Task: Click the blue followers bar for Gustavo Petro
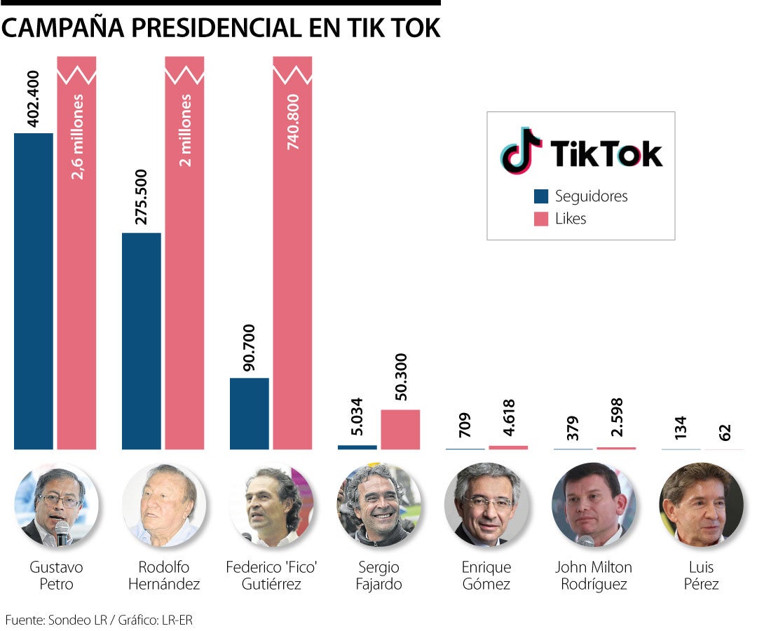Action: pos(34,291)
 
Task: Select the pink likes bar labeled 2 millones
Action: pos(184,252)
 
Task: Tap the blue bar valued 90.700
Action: pos(250,414)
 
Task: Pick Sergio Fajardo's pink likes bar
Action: pos(400,429)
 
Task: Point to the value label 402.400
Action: pos(32,97)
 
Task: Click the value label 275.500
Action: pos(141,197)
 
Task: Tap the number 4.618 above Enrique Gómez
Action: pos(509,419)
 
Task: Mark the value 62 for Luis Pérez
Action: pos(725,429)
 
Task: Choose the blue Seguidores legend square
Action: pos(540,196)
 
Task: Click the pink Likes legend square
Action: pos(540,219)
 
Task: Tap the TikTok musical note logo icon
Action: pos(521,151)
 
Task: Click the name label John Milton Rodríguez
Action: pos(593,575)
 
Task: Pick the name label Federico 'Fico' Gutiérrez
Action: pos(272,575)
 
